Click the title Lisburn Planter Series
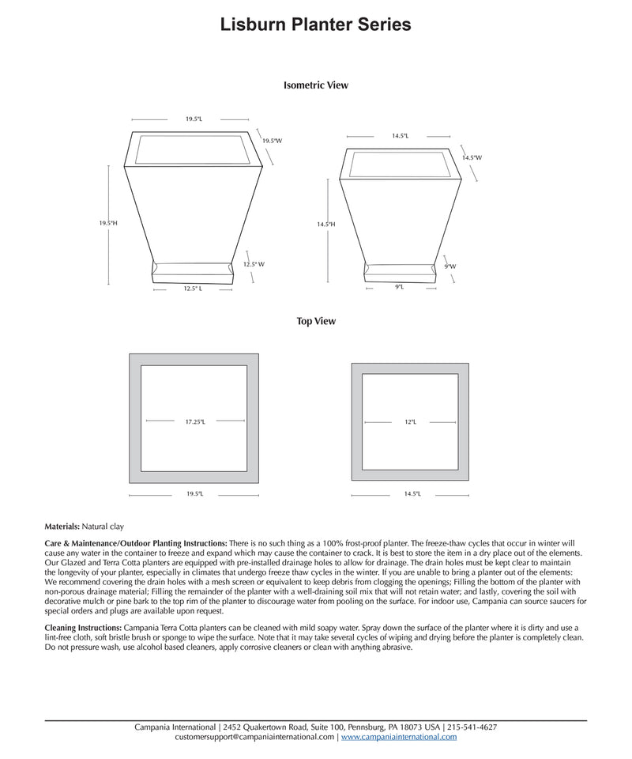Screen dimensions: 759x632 coord(316,25)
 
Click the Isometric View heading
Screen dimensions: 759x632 coord(316,85)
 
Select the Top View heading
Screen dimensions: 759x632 coord(316,321)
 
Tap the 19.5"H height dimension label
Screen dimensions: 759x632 coord(108,224)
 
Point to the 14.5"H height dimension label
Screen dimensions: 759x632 coord(326,225)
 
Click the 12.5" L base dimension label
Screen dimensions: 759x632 coord(194,289)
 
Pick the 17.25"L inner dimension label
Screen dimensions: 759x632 coord(195,421)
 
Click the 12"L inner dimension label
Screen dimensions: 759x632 coord(410,422)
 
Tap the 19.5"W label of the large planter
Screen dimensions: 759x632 coord(273,141)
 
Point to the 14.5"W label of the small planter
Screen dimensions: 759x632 coord(472,157)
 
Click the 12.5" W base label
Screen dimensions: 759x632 coord(254,264)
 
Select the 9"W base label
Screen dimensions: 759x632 coord(450,266)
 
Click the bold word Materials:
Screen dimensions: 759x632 coord(62,526)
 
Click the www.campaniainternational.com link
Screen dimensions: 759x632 coord(399,737)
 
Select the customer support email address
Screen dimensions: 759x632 coord(254,737)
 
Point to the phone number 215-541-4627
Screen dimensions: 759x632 coord(472,727)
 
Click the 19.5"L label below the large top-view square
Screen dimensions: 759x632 coord(194,493)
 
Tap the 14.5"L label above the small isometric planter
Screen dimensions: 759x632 coord(400,136)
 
